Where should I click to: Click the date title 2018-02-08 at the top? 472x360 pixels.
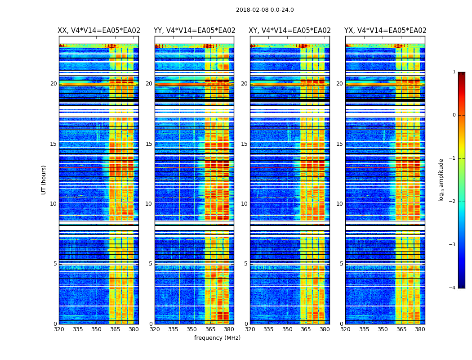click(x=265, y=10)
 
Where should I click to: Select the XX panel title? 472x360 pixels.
click(x=99, y=31)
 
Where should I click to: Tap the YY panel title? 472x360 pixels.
click(x=194, y=31)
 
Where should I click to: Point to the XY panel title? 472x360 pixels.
click(x=290, y=31)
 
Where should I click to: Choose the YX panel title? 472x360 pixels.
click(x=385, y=31)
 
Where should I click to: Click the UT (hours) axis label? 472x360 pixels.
click(x=44, y=180)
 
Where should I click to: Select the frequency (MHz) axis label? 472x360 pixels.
click(x=217, y=338)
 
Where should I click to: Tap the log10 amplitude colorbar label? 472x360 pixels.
click(x=441, y=180)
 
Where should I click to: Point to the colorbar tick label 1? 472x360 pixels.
click(x=454, y=72)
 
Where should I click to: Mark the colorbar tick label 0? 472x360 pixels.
click(x=454, y=115)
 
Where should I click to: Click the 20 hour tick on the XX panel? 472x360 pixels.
click(x=53, y=84)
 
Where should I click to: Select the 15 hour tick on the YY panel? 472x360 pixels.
click(x=149, y=144)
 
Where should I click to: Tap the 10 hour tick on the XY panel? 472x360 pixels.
click(x=245, y=204)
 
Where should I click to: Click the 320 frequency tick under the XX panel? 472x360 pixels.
click(x=59, y=329)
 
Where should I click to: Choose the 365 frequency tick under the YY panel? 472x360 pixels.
click(x=211, y=329)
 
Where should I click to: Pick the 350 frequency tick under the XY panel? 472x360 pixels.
click(x=287, y=329)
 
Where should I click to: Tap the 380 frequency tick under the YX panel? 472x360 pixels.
click(x=420, y=329)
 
